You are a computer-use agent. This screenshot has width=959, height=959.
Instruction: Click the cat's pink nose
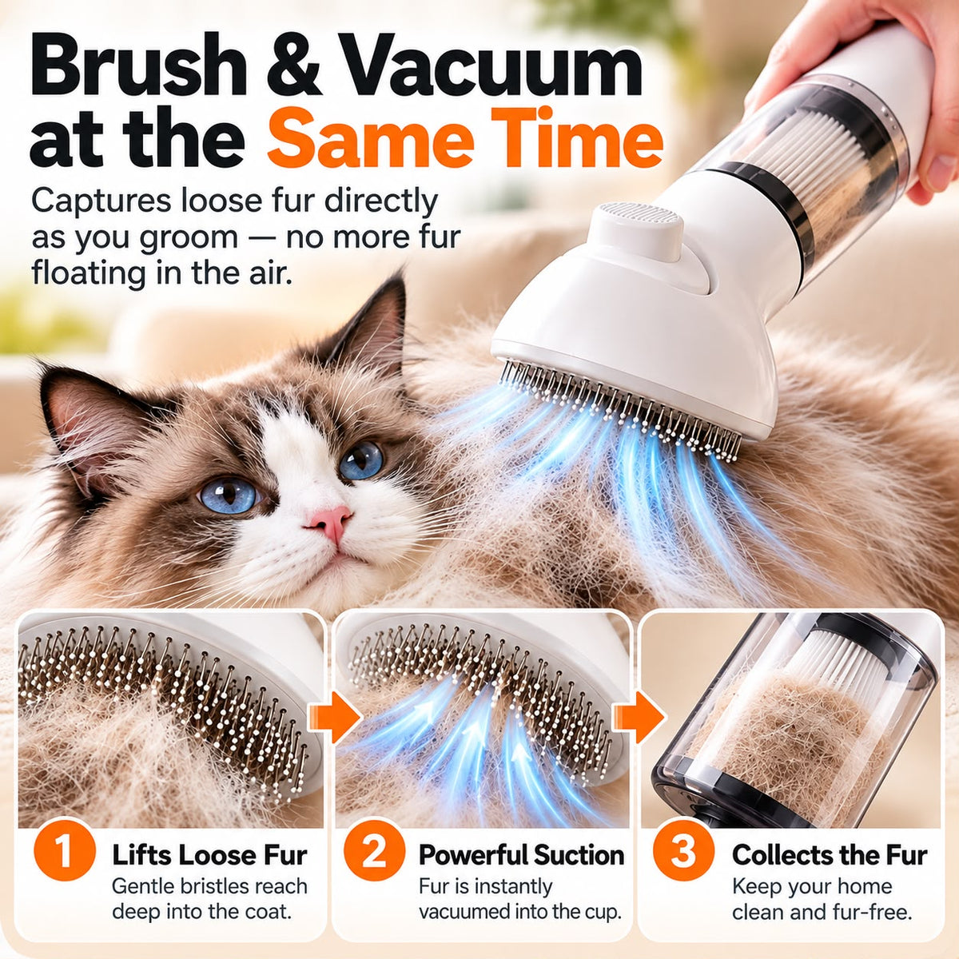[330, 521]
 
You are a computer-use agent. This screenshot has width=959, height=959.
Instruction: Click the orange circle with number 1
[64, 851]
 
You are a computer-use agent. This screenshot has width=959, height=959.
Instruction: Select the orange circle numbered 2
[374, 851]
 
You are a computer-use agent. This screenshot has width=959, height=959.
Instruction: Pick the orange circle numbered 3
[682, 851]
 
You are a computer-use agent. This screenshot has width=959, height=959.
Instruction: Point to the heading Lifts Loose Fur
[209, 855]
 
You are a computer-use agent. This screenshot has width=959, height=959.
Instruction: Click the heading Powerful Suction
[521, 855]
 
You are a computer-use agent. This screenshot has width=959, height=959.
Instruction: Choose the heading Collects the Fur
[830, 855]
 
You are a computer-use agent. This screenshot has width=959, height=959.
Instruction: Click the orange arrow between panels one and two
[333, 717]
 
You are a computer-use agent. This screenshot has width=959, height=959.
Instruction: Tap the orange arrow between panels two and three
[639, 717]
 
